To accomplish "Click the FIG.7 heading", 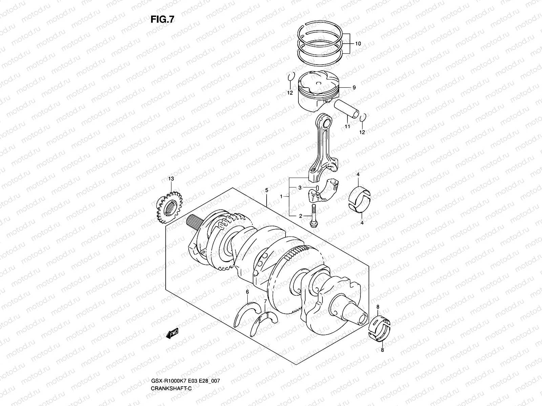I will click(162, 20).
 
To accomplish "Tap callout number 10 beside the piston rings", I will click(358, 44).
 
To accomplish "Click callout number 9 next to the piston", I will click(354, 88).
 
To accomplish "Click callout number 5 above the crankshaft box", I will click(267, 190).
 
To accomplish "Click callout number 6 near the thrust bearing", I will click(247, 292).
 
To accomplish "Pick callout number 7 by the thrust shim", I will click(265, 301).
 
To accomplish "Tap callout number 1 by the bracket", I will click(281, 196).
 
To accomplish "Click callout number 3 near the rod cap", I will click(300, 187).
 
